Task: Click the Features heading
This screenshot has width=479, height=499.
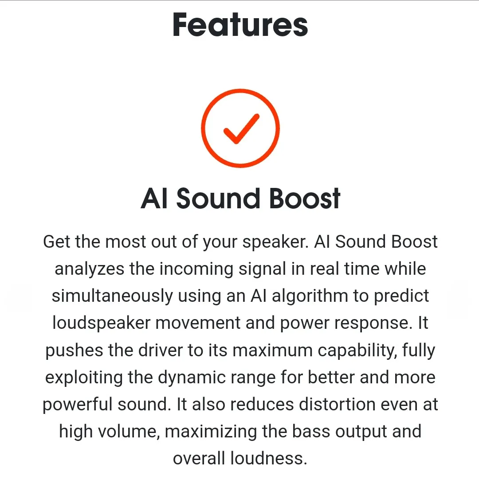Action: pyautogui.click(x=240, y=25)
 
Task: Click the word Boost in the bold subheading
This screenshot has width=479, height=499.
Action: pyautogui.click(x=305, y=199)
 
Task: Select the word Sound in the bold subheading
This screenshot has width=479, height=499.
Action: pyautogui.click(x=218, y=199)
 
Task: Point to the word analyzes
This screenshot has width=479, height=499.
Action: pyautogui.click(x=89, y=269)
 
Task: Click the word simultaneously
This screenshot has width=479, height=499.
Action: pyautogui.click(x=112, y=296)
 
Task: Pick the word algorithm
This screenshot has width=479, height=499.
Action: pyautogui.click(x=310, y=296)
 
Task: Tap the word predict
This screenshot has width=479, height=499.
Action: pyautogui.click(x=401, y=296)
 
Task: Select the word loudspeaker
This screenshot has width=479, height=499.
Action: pyautogui.click(x=101, y=323)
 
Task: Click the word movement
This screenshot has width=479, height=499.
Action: pyautogui.click(x=198, y=323)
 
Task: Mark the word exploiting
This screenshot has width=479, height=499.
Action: pyautogui.click(x=84, y=378)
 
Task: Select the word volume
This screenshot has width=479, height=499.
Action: pyautogui.click(x=129, y=432)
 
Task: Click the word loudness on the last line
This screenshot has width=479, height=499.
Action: pyautogui.click(x=268, y=459)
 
